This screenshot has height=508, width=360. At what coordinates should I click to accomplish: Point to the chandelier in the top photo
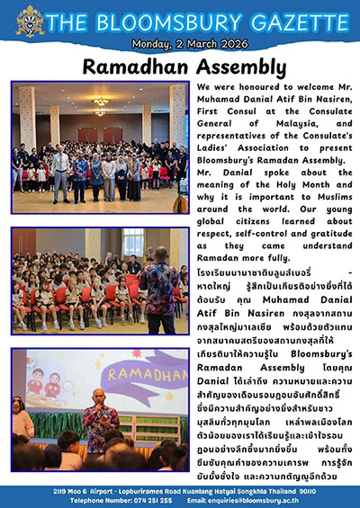pyautogui.click(x=100, y=102)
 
